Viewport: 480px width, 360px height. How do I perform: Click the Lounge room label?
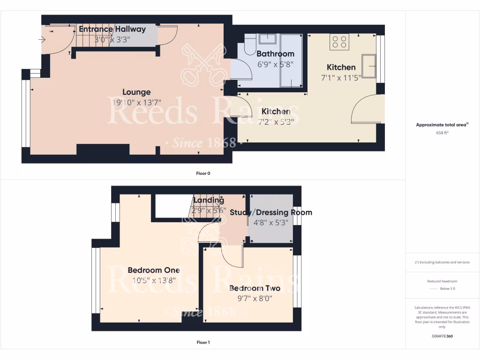pos(136,92)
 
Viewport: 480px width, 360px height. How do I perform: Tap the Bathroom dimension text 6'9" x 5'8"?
pos(275,65)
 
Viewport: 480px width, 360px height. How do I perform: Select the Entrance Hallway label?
pos(112,29)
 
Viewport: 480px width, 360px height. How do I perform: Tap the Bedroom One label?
pos(154,270)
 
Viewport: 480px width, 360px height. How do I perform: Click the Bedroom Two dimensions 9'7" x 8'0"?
pos(255,298)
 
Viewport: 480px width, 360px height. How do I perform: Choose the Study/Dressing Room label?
pos(270,212)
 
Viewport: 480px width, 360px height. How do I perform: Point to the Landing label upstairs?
pos(209,200)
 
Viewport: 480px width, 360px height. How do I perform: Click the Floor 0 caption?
pos(203,173)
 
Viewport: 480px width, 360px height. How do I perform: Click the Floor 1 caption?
pos(203,343)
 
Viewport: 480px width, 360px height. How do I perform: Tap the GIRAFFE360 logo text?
pos(442,336)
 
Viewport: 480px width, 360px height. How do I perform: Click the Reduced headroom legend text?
pos(442,281)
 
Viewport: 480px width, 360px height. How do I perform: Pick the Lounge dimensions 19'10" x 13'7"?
pos(136,103)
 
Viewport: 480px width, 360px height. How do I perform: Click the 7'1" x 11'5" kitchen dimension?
pos(341,78)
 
